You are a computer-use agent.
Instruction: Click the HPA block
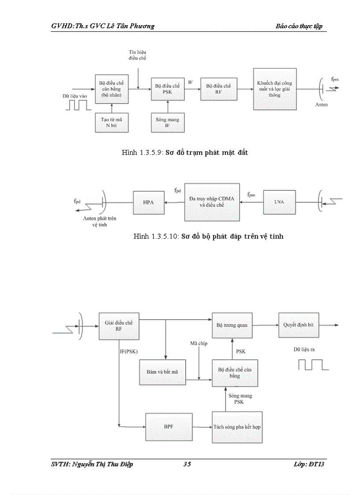(x=148, y=202)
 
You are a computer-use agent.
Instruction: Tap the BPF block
(x=168, y=427)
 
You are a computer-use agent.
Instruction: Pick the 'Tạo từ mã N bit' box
(x=112, y=123)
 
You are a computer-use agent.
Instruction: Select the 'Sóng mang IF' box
(x=168, y=123)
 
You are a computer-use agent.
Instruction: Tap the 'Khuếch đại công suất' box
(x=274, y=89)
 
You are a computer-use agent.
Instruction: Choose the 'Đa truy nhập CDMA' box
(x=212, y=202)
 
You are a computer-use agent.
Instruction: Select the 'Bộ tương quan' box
(x=232, y=325)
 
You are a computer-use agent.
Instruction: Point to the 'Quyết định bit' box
(x=298, y=325)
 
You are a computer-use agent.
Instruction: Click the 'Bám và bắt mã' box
(x=162, y=372)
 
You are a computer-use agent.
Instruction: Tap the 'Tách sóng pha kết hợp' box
(x=237, y=427)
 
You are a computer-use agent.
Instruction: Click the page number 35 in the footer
(x=187, y=464)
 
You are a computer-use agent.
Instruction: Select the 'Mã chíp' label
(x=199, y=343)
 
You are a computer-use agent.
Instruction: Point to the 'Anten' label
(x=322, y=105)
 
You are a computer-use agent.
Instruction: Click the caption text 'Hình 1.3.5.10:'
(x=156, y=237)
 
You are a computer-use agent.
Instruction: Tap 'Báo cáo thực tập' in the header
(x=299, y=26)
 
